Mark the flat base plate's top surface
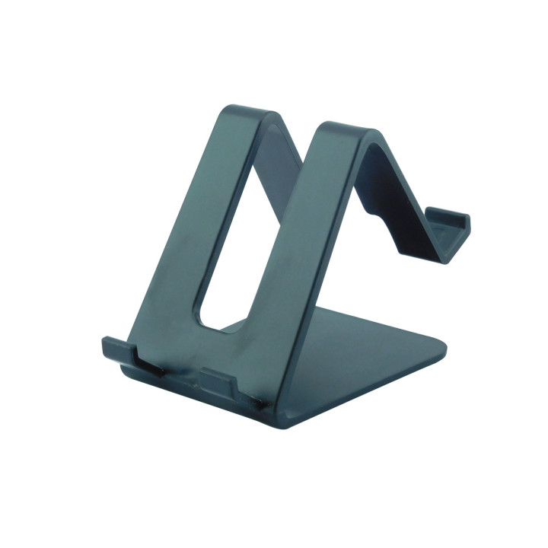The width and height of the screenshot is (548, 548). (x=365, y=358)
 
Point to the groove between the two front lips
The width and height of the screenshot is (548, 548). (x=183, y=373)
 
